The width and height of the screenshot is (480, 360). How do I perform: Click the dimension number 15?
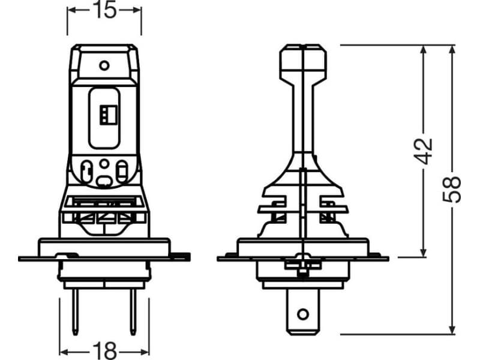(104, 10)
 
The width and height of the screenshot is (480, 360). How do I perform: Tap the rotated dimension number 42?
(424, 151)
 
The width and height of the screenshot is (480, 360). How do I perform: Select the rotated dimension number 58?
(454, 190)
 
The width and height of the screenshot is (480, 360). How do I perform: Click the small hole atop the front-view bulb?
(103, 64)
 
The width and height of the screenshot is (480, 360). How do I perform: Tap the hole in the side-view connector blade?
(304, 313)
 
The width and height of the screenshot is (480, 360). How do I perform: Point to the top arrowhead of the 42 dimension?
(424, 49)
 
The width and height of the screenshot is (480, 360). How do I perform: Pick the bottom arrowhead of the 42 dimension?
(424, 254)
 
